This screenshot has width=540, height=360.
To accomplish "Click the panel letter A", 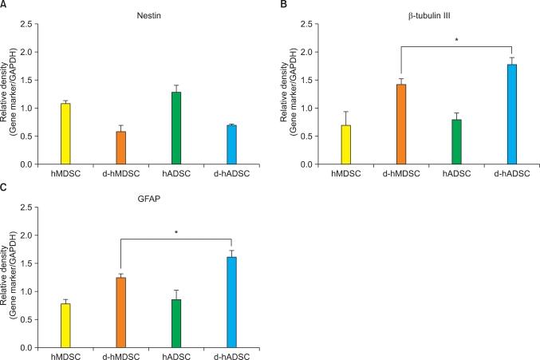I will (x=5, y=6).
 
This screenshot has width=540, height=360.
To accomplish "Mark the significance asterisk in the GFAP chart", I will (x=175, y=232).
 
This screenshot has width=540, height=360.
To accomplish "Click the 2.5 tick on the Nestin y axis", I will (x=28, y=25).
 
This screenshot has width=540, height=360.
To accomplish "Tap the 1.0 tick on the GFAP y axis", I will (x=28, y=292).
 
